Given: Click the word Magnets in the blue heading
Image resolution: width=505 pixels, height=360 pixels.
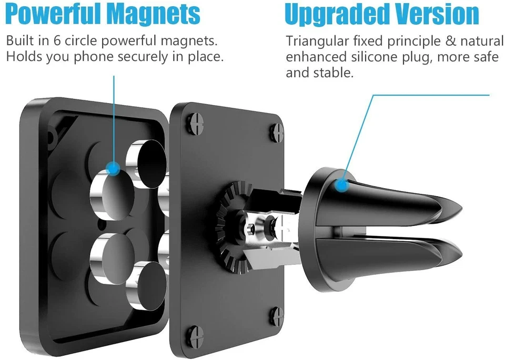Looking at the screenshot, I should tap(153, 14).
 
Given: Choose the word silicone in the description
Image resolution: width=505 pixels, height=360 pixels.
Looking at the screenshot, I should tap(371, 57).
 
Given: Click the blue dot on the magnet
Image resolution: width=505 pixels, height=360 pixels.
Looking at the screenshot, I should tap(113, 168).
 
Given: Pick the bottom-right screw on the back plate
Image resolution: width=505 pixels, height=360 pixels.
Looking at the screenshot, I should tap(277, 314).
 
